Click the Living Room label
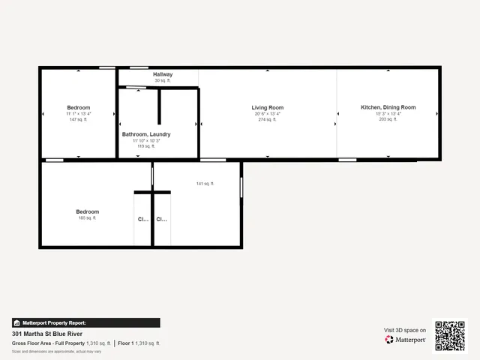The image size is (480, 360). (x=268, y=108)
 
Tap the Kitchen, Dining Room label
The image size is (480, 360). (x=388, y=108)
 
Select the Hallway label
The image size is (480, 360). (x=163, y=75)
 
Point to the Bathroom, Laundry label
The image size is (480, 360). (x=146, y=134)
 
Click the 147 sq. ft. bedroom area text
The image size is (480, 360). (x=79, y=120)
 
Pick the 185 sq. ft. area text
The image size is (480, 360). (x=87, y=218)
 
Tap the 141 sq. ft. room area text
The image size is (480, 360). (x=205, y=184)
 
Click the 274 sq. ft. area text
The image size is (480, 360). (x=268, y=120)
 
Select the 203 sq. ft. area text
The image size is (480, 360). (x=388, y=120)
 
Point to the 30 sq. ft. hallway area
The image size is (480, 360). (x=163, y=81)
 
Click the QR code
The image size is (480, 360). (x=450, y=335)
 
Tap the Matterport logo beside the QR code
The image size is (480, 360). (x=406, y=340)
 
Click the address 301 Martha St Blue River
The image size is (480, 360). (x=47, y=334)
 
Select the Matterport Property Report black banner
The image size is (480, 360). (x=85, y=322)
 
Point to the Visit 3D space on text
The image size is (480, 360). (x=405, y=330)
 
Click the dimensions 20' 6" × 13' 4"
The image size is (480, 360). (x=268, y=114)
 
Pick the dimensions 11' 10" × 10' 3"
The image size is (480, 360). (x=146, y=140)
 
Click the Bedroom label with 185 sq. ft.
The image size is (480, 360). (x=87, y=212)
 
